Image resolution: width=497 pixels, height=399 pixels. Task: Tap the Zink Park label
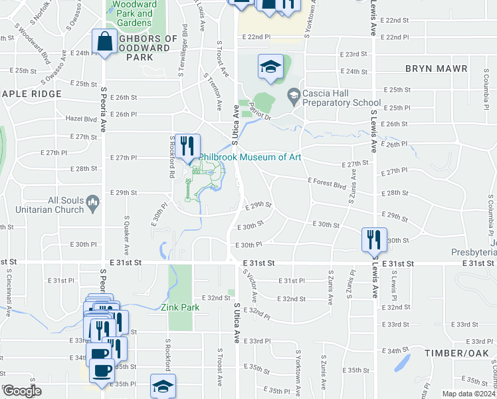point(180,308)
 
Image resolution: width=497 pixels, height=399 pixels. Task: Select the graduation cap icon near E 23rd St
point(271,66)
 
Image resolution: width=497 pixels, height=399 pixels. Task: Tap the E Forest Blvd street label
point(327,180)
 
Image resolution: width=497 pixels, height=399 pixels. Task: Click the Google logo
point(23,391)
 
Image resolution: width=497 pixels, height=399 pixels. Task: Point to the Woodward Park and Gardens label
point(135,13)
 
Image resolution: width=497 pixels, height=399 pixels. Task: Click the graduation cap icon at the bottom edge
point(163,386)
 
